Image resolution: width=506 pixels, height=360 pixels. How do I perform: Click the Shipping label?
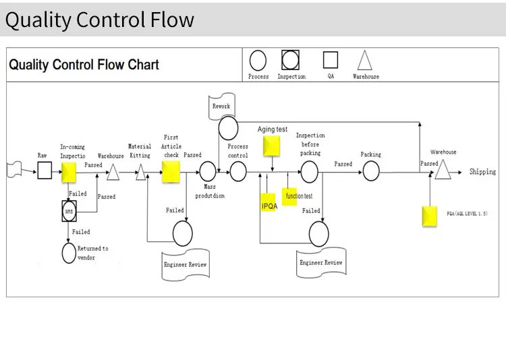(x=482, y=172)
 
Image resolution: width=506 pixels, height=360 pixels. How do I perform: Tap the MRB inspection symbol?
(x=69, y=211)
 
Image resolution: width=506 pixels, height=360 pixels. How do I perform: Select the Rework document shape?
(x=221, y=107)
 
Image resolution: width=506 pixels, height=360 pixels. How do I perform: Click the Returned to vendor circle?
(x=69, y=253)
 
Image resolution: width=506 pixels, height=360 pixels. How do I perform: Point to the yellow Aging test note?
(x=271, y=146)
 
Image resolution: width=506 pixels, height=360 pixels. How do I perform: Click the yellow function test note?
(x=290, y=196)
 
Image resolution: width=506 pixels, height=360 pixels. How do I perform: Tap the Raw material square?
(x=44, y=171)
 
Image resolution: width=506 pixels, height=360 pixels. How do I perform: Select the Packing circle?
(x=372, y=171)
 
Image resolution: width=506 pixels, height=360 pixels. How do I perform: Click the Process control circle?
(x=238, y=171)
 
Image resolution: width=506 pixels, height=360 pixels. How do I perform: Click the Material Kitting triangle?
(x=141, y=173)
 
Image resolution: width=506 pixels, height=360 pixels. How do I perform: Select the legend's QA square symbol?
(x=331, y=61)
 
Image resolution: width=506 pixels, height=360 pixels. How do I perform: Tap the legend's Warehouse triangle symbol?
(x=364, y=61)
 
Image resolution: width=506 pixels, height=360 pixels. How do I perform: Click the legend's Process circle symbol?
(x=258, y=61)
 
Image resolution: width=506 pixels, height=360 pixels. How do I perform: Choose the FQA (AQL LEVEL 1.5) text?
(x=467, y=214)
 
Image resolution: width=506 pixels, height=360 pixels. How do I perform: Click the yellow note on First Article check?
(x=171, y=171)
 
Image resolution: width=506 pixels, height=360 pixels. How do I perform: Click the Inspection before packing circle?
(x=310, y=172)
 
